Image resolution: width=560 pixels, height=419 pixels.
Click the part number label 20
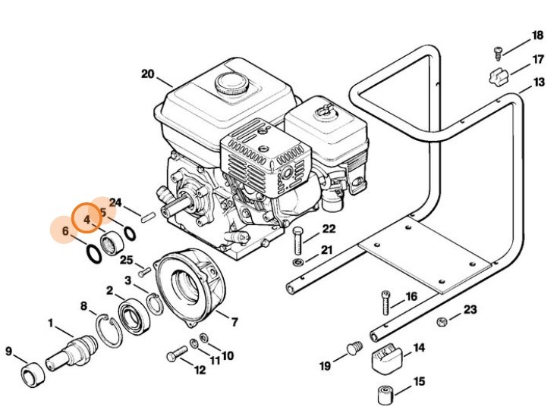click(x=147, y=73)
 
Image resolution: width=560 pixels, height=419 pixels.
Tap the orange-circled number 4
click(x=87, y=220)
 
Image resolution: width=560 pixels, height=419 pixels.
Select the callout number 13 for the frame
click(x=539, y=82)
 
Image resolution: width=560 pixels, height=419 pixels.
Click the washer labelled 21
click(x=297, y=262)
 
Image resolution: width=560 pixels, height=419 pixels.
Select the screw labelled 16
click(x=385, y=302)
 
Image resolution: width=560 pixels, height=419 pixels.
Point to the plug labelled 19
click(x=353, y=349)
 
